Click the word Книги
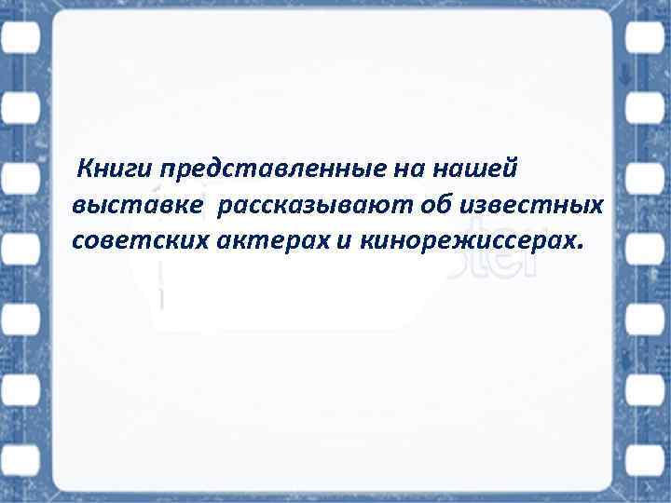point(116,170)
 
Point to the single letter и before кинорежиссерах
point(344,241)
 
